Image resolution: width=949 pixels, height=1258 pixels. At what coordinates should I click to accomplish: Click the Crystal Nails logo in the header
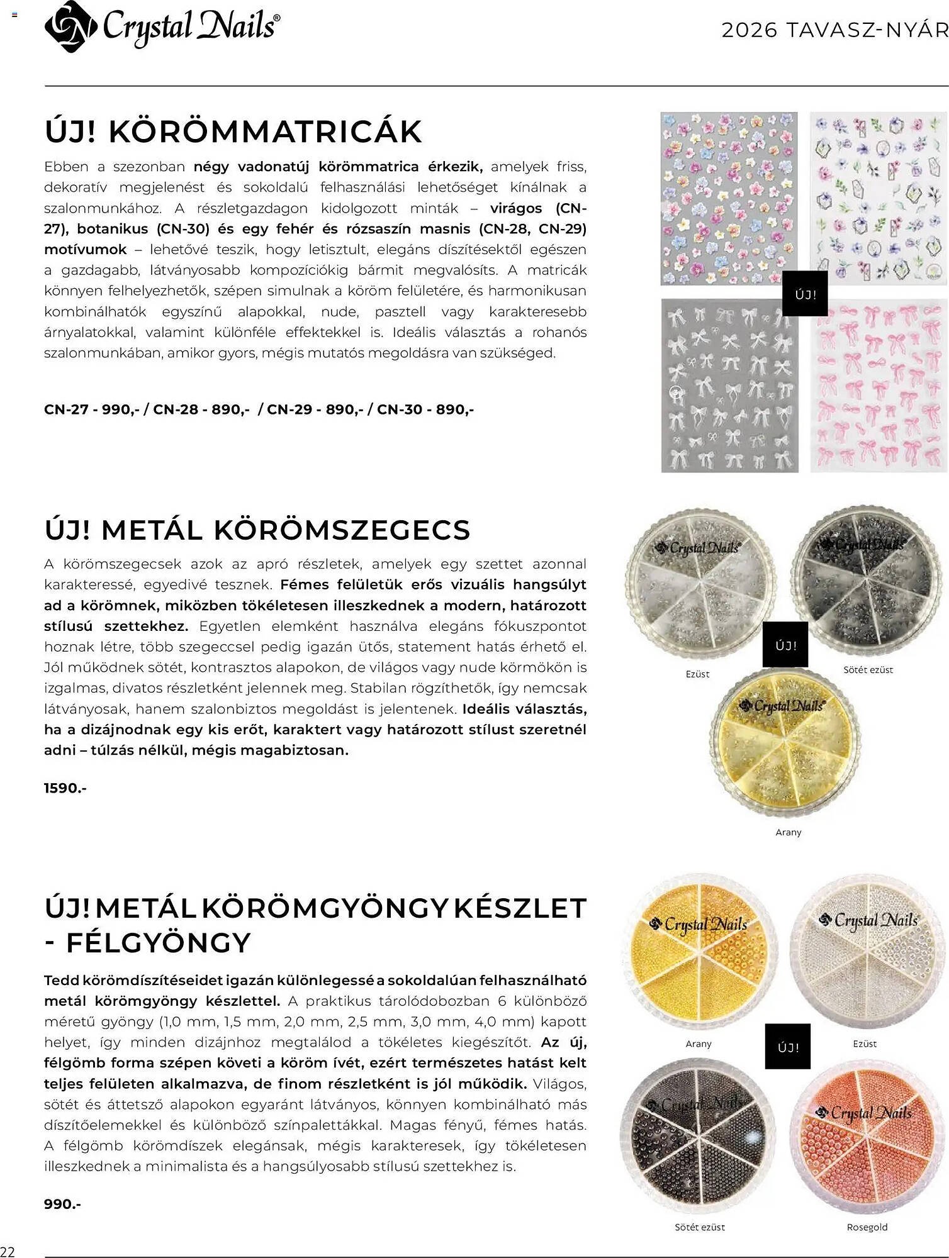point(162,26)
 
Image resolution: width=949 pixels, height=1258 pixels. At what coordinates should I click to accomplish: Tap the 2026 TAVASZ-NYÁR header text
point(834,30)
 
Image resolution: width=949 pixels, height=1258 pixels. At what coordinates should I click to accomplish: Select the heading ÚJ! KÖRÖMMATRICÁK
point(233,131)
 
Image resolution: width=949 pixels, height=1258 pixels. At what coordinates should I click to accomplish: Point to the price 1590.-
point(65,788)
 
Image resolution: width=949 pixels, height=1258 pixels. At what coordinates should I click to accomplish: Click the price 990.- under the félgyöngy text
point(63,1204)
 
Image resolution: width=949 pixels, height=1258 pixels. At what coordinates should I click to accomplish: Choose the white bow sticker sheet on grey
point(729,386)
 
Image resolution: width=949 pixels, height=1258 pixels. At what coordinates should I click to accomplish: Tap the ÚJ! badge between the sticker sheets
point(805,294)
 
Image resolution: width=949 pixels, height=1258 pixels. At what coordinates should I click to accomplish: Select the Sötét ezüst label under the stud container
point(868,670)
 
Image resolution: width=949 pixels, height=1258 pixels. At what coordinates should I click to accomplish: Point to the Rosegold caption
point(867,1227)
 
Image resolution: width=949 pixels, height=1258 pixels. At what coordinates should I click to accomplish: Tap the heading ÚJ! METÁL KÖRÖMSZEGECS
point(257,530)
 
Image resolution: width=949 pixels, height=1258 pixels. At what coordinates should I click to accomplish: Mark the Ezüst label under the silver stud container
point(697,674)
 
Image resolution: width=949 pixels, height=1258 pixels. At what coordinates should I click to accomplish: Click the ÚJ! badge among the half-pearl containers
point(787,1047)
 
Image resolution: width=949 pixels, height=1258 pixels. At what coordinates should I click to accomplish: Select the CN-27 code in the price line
point(65,409)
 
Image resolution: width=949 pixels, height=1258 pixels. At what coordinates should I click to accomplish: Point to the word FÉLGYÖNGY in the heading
point(158,942)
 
